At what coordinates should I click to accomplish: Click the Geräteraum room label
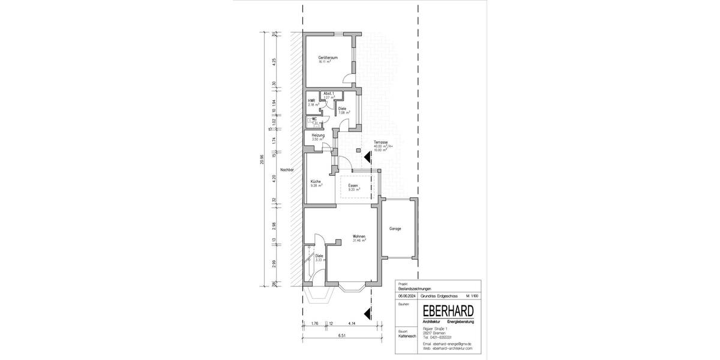tap(328, 58)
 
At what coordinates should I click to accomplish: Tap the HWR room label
tap(312, 101)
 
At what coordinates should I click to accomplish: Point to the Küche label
tap(316, 182)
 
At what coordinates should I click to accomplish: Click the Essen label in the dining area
tap(353, 186)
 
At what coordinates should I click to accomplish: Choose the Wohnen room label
tap(359, 237)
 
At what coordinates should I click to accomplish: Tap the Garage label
tap(395, 229)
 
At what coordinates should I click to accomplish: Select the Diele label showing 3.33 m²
tap(319, 256)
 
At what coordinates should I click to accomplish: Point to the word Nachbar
tap(287, 170)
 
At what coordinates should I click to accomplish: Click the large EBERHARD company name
tap(448, 311)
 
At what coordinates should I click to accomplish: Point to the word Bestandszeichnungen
tap(415, 289)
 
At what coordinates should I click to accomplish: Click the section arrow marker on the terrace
tap(366, 158)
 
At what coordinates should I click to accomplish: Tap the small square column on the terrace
tap(358, 150)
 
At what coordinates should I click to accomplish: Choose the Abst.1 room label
tap(329, 94)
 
